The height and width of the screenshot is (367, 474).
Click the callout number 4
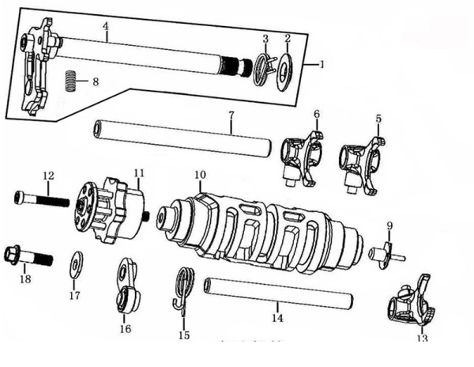click(105, 27)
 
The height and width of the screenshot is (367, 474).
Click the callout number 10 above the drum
click(200, 174)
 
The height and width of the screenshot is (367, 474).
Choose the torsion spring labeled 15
click(184, 287)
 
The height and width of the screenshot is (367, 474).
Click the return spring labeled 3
click(265, 66)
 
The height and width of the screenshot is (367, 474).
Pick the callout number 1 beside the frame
click(320, 62)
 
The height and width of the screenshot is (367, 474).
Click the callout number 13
click(421, 339)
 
